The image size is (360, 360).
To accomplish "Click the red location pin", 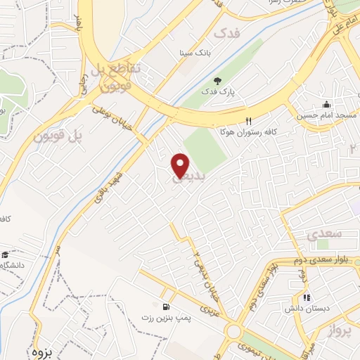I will [x=181, y=166].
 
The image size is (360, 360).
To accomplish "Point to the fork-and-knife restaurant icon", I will [x=248, y=120].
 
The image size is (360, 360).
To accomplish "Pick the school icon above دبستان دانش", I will [x=306, y=297].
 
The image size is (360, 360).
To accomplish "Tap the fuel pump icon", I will [x=166, y=307].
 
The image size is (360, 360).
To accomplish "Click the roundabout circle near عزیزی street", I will [x=234, y=331].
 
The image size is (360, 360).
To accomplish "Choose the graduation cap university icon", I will [x=5, y=255].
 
